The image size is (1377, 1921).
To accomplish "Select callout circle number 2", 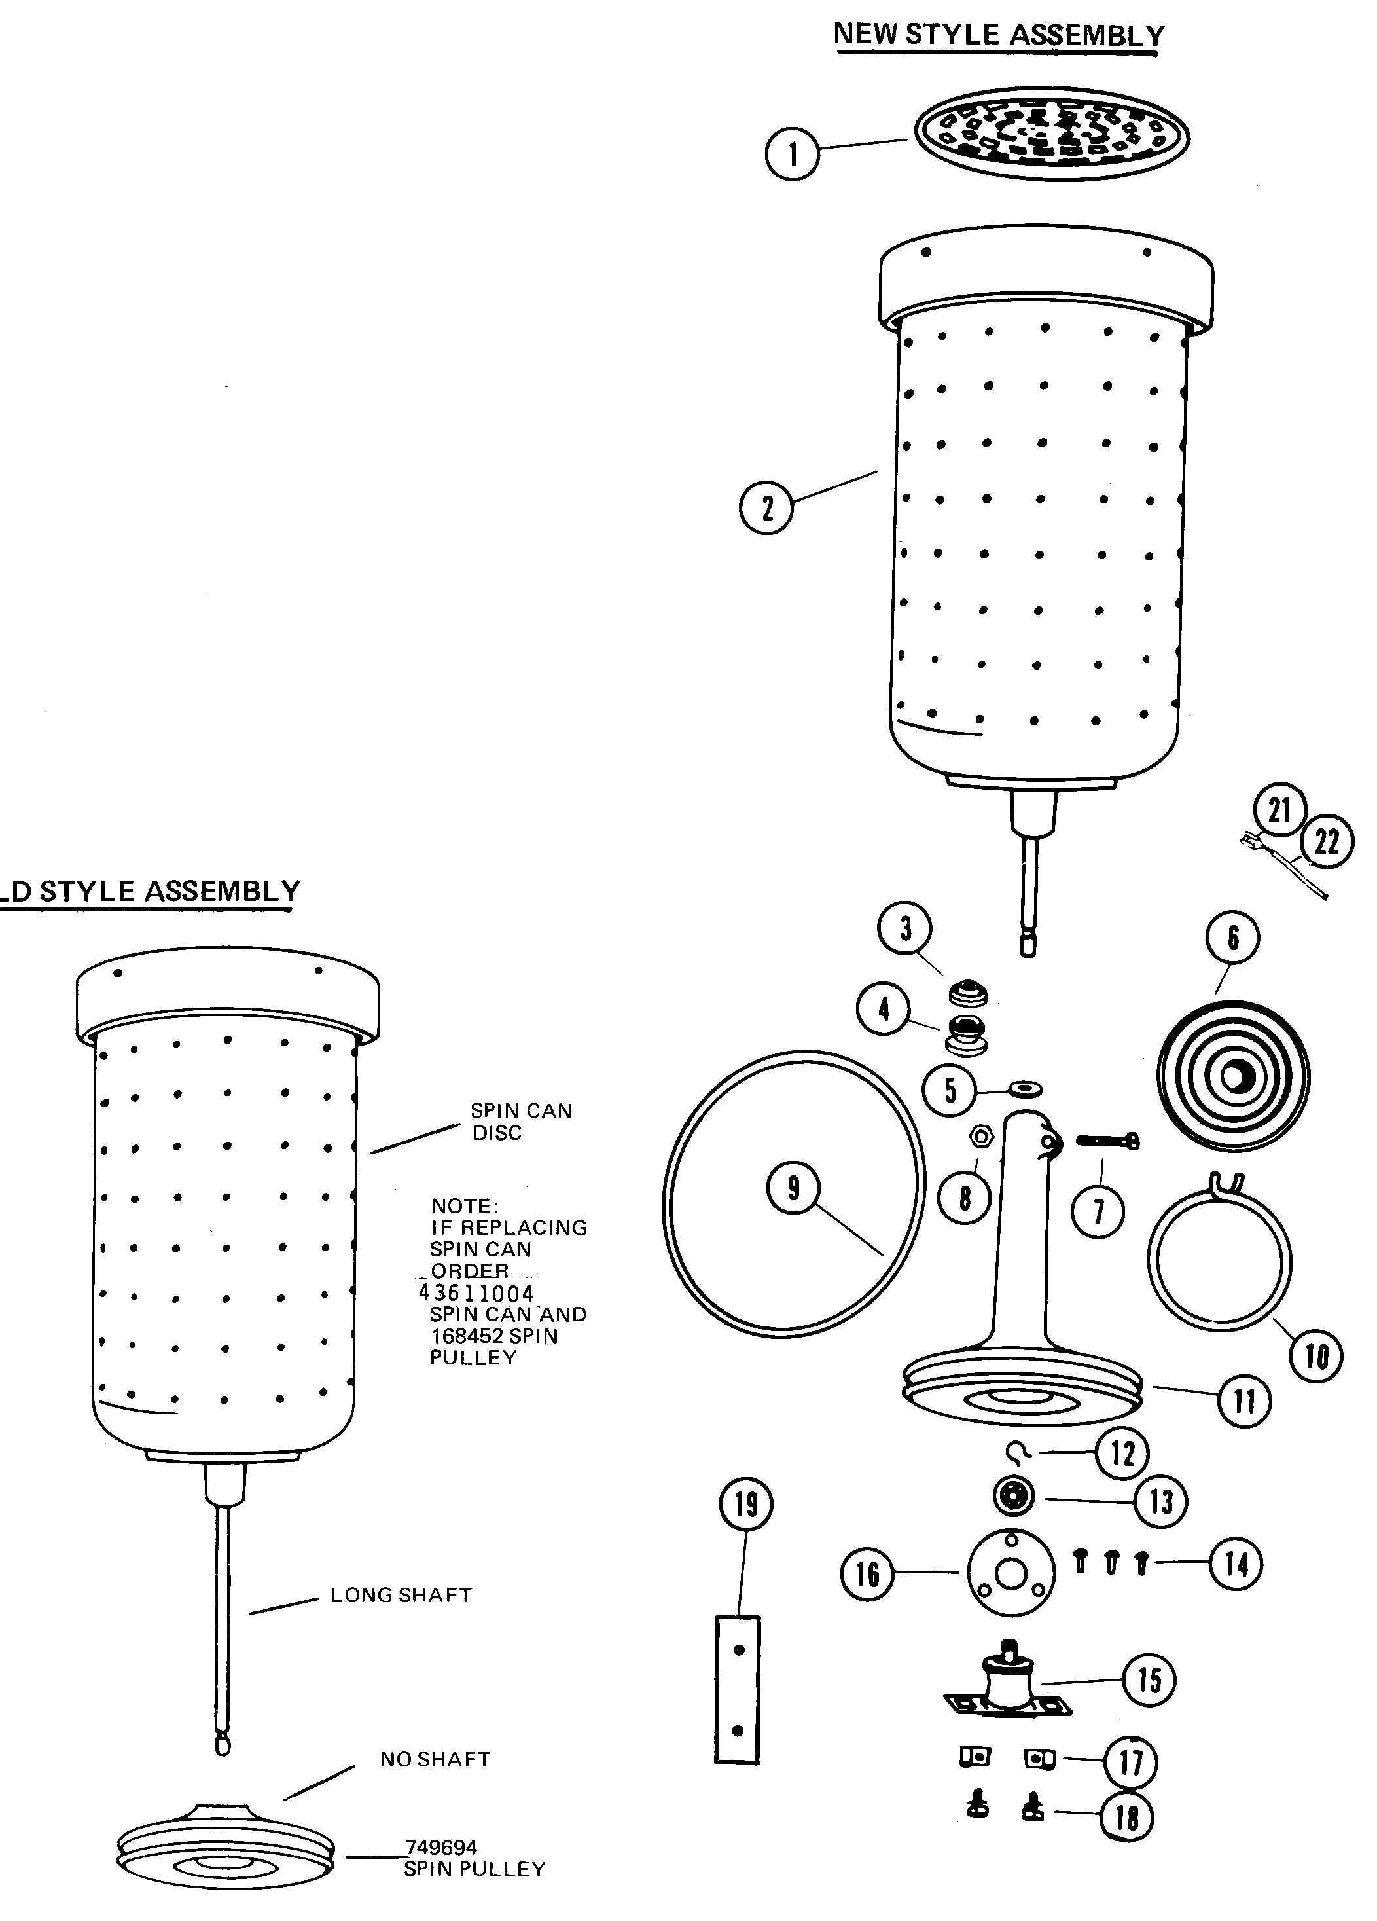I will pos(766,508).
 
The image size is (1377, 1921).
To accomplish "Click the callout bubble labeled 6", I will pos(1232,938).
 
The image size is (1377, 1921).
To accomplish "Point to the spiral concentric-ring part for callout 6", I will pos(1233,1078).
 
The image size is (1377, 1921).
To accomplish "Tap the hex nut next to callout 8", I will pos(980,1136).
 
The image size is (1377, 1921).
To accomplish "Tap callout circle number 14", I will pos(1235,1563).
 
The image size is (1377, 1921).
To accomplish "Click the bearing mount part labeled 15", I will pos(1008,1690).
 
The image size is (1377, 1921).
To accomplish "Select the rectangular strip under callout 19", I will pos(737,1689).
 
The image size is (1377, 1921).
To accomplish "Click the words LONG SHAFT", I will pos(401,1595).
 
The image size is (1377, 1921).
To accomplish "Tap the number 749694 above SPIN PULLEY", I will pos(440,1846).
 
